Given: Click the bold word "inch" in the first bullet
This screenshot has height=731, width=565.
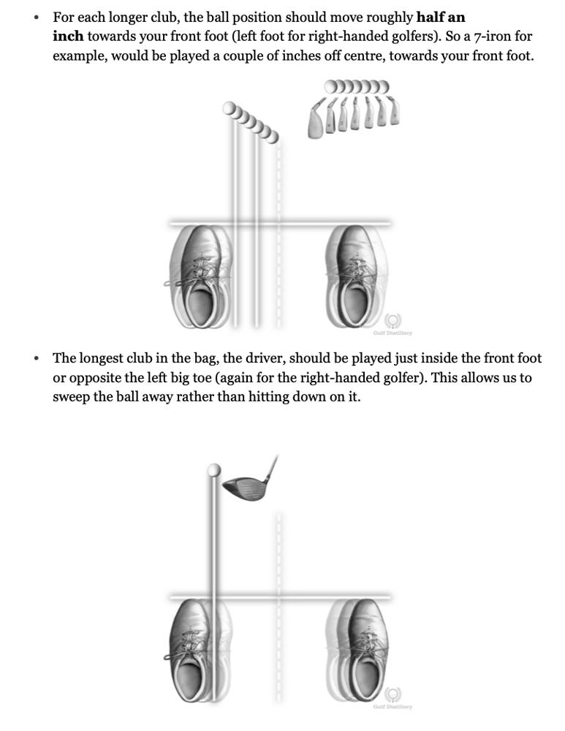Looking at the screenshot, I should tap(67, 36).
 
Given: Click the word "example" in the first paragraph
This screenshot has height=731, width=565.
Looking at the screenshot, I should tap(80, 56).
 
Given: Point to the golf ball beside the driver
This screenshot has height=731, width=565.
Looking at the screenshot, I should tap(215, 469).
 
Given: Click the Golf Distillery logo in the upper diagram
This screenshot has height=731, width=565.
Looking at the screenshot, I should tap(393, 322).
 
